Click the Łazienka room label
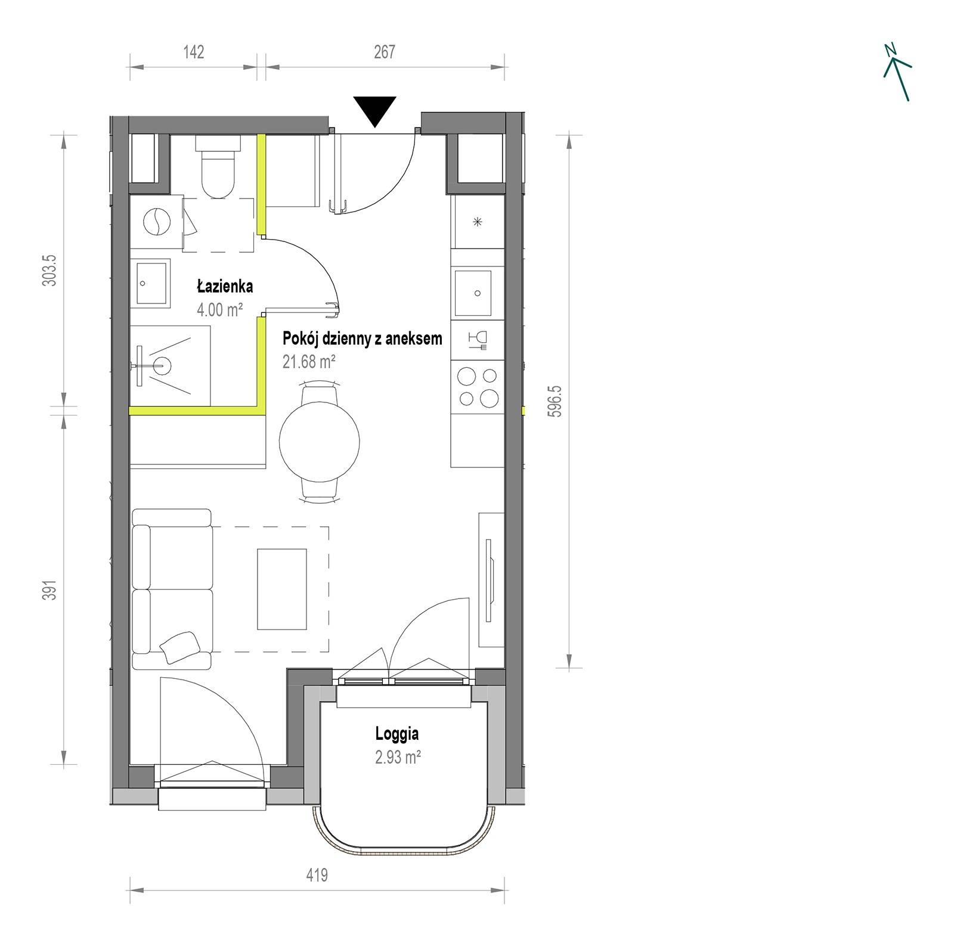click(x=225, y=286)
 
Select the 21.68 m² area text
click(x=309, y=361)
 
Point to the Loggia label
click(x=397, y=734)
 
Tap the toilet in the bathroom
click(x=218, y=166)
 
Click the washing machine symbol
click(x=157, y=222)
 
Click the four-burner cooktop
click(x=477, y=387)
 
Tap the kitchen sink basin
click(x=473, y=293)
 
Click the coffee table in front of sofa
click(x=282, y=589)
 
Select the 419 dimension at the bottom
click(x=317, y=875)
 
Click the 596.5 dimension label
click(x=554, y=401)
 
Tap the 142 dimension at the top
click(x=194, y=52)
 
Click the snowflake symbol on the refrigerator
click(x=477, y=222)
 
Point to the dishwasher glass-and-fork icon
click(x=478, y=340)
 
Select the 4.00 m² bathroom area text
click(x=220, y=309)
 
